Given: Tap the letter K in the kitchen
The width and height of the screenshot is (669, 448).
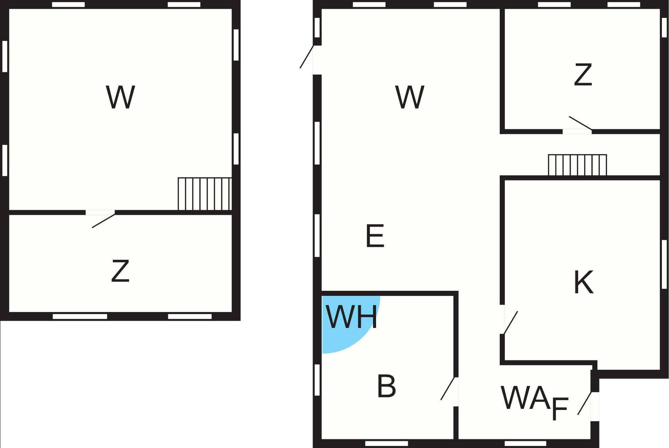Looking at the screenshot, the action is pos(584,282).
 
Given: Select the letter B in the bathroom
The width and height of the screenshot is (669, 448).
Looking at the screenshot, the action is pos(386,386).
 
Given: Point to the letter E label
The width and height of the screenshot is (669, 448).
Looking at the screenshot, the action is pos(375,236).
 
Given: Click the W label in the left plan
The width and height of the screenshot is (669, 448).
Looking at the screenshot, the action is pos(120,97).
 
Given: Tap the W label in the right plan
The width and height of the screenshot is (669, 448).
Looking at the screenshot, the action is pos(410,97).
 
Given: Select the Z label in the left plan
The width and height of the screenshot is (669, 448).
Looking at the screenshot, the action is pos(120,271).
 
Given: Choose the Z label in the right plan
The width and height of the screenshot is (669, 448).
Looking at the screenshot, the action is pos(583,74).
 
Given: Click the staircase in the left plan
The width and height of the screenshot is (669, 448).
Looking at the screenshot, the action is pos(205,194).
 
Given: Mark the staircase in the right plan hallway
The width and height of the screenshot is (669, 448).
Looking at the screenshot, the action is pos(577,165).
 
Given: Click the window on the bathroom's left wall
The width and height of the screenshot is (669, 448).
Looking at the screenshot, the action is pos(317,380).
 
